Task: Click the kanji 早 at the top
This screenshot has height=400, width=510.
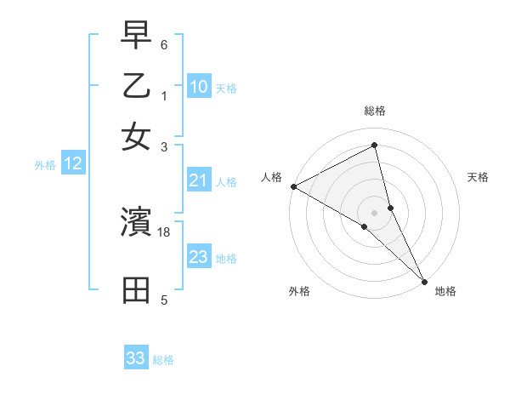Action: [137, 37]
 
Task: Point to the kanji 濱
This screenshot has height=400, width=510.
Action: [137, 222]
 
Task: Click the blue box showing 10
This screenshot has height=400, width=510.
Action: [198, 87]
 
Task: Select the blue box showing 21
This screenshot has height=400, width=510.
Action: [198, 180]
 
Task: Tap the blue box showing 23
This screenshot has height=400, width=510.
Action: [198, 257]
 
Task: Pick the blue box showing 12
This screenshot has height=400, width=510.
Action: [72, 163]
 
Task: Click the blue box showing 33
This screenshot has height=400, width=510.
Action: [136, 358]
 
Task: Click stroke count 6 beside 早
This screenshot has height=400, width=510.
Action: [164, 43]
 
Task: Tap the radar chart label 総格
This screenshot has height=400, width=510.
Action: [375, 111]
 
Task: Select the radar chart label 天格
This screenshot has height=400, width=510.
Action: [479, 177]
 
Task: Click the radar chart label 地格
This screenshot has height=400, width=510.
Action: [445, 291]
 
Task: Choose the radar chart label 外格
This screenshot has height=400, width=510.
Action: [299, 291]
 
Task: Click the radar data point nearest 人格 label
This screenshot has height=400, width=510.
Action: [293, 186]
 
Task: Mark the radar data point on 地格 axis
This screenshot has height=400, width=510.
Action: [424, 280]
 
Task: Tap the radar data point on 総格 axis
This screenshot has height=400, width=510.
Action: [375, 146]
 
